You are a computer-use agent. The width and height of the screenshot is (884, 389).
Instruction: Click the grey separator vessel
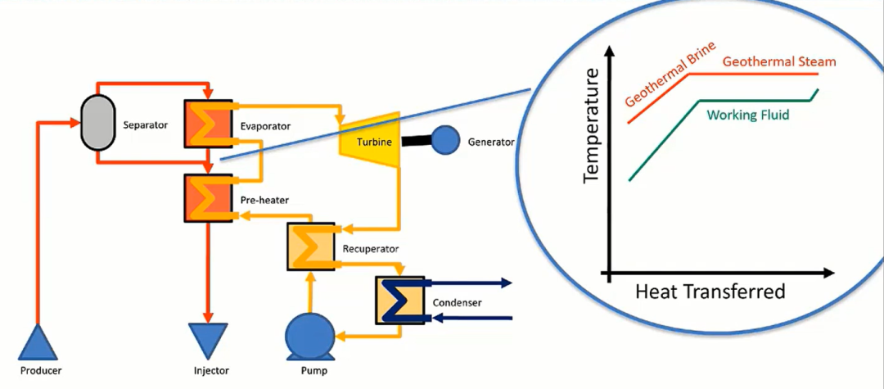[x=97, y=122]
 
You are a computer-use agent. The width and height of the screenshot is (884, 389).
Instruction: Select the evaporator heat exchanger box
[x=209, y=124]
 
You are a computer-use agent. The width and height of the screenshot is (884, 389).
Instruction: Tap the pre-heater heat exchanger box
[x=209, y=198]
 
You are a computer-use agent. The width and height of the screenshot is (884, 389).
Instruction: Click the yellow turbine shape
[x=369, y=140]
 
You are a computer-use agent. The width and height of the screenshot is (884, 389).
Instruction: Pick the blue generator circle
[x=444, y=140]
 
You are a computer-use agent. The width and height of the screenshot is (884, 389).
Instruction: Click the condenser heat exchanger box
[x=400, y=300]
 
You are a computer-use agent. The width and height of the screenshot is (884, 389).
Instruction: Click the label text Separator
[x=146, y=125]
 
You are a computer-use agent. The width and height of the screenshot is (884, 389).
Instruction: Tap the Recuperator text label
[x=371, y=248]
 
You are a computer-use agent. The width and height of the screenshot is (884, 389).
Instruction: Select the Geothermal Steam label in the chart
[x=779, y=61]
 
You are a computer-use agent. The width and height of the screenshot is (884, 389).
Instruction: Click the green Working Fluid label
[x=747, y=115]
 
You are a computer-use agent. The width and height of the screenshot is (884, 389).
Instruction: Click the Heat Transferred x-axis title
[x=710, y=292]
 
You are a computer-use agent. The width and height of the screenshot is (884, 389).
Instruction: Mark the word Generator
[x=491, y=142]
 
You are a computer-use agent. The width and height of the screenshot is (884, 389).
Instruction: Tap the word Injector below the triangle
[x=211, y=371]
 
